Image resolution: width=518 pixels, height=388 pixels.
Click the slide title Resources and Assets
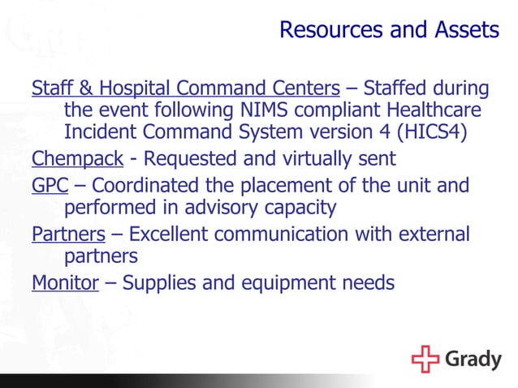tap(389, 31)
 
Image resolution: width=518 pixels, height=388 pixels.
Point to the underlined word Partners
tap(68, 235)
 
